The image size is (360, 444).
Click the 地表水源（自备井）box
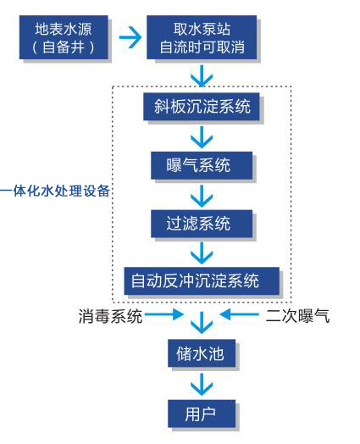(x=64, y=37)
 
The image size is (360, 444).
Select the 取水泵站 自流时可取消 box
(x=202, y=37)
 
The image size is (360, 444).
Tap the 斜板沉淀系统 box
(x=202, y=107)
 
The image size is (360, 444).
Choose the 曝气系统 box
(x=202, y=165)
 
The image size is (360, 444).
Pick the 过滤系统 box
(x=202, y=224)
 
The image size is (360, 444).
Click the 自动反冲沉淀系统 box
(x=202, y=280)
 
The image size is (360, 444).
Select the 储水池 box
(x=202, y=353)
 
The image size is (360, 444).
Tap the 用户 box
(x=202, y=413)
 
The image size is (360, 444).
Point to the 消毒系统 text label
(x=110, y=316)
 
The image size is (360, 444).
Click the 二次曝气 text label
(x=297, y=315)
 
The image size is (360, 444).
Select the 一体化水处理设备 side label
(x=55, y=191)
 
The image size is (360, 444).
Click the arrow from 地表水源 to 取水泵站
(x=130, y=37)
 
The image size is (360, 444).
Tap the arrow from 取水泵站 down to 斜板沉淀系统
(x=202, y=76)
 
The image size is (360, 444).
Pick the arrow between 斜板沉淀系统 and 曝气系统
(x=202, y=136)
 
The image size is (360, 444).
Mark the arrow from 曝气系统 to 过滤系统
(x=202, y=196)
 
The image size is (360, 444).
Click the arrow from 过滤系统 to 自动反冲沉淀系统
(x=202, y=253)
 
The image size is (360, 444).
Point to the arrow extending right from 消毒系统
(x=163, y=314)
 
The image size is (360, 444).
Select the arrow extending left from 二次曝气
(x=239, y=314)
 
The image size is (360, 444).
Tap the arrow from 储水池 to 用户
(x=202, y=384)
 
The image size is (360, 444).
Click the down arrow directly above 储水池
(x=202, y=323)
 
